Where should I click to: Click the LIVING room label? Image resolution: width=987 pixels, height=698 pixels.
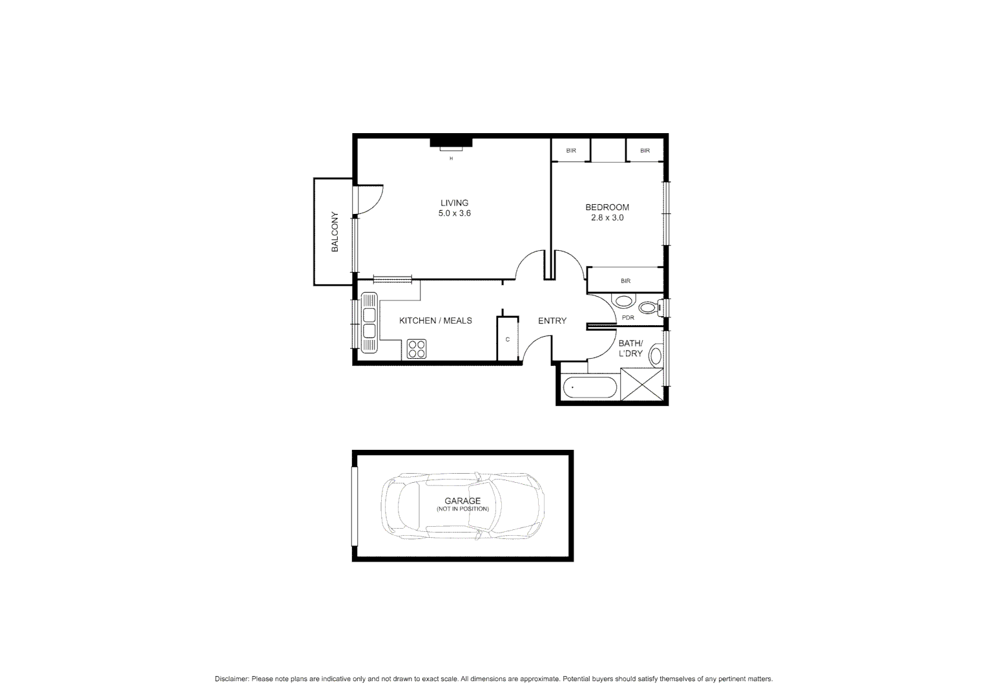[x=454, y=203]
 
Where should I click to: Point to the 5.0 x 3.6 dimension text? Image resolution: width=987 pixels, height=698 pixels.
[x=454, y=213]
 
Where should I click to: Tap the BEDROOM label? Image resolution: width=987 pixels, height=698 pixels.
[x=607, y=207]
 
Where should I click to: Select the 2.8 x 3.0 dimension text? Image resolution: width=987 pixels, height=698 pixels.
[x=607, y=218]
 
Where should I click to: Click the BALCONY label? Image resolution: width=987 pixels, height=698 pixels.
[x=335, y=232]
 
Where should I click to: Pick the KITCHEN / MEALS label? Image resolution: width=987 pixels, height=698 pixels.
[x=435, y=321]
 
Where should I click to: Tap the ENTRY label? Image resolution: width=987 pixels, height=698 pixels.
[x=552, y=321]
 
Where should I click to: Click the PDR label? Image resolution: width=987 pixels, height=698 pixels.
[x=627, y=318]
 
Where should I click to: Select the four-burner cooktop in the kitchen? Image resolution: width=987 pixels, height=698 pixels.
[x=417, y=349]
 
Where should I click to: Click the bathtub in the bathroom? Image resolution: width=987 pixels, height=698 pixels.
[x=589, y=388]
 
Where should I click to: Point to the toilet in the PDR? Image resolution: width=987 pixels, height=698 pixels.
[x=649, y=308]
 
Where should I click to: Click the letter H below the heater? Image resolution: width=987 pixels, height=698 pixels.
[x=451, y=158]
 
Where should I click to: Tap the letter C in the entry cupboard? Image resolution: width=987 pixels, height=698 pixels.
[x=507, y=339]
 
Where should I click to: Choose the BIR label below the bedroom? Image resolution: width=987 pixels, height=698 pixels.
[x=625, y=281]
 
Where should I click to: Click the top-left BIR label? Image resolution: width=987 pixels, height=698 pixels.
[x=570, y=151]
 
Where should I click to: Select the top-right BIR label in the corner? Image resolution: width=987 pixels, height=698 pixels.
[x=645, y=151]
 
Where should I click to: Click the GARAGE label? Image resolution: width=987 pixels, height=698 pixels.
[x=462, y=501]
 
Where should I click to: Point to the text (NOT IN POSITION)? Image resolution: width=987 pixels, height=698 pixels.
[x=462, y=509]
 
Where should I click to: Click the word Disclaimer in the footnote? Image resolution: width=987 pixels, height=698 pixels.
[x=231, y=679]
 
